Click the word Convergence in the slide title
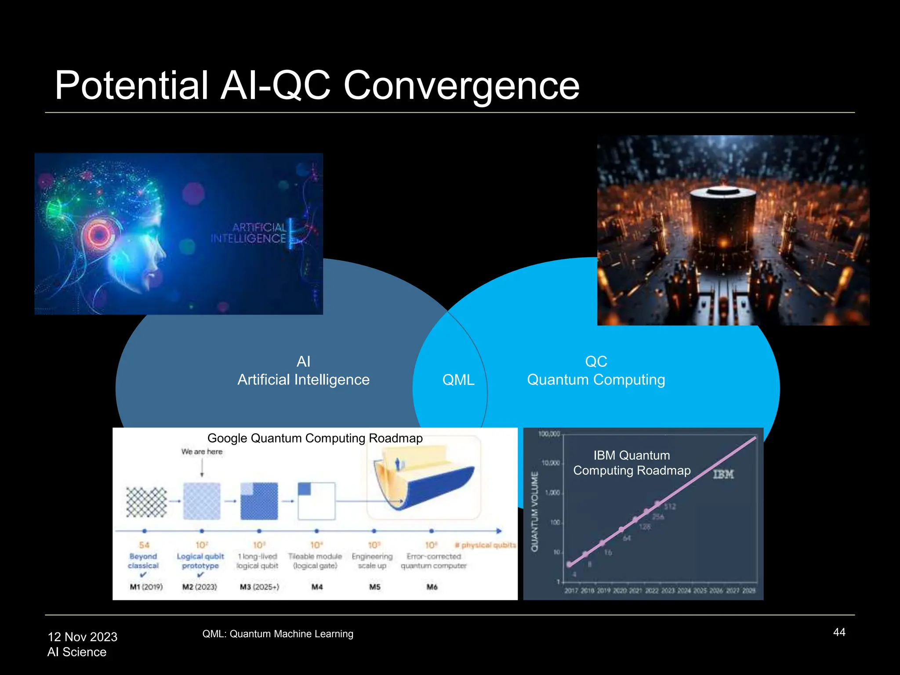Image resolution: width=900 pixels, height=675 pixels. pyautogui.click(x=461, y=86)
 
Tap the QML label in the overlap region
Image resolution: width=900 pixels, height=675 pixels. pyautogui.click(x=458, y=380)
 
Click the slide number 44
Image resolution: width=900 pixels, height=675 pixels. pyautogui.click(x=839, y=632)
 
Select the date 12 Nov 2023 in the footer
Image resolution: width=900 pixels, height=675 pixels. pyautogui.click(x=83, y=637)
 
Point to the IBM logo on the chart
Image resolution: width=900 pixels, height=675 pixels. pyautogui.click(x=723, y=474)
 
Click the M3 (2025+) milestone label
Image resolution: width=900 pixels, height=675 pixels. pyautogui.click(x=259, y=587)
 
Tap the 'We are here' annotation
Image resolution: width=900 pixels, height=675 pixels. pyautogui.click(x=202, y=452)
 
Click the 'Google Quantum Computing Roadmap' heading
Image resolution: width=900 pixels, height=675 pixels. pyautogui.click(x=315, y=438)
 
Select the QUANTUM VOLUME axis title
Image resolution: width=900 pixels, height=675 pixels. pyautogui.click(x=534, y=512)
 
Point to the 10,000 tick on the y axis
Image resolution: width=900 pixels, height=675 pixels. pyautogui.click(x=551, y=463)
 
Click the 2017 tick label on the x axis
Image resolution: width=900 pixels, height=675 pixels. pyautogui.click(x=571, y=591)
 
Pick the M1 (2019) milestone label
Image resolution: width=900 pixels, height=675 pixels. pyautogui.click(x=146, y=587)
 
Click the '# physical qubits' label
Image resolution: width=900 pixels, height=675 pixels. pyautogui.click(x=486, y=545)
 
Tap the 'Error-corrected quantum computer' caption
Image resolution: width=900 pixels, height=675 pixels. pyautogui.click(x=433, y=561)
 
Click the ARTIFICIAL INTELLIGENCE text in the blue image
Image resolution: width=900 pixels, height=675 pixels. pyautogui.click(x=249, y=233)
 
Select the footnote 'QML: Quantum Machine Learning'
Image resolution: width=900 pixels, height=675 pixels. pyautogui.click(x=278, y=634)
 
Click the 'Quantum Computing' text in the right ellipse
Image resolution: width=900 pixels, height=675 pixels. pyautogui.click(x=596, y=380)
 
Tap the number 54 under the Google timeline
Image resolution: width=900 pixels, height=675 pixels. pyautogui.click(x=144, y=545)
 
